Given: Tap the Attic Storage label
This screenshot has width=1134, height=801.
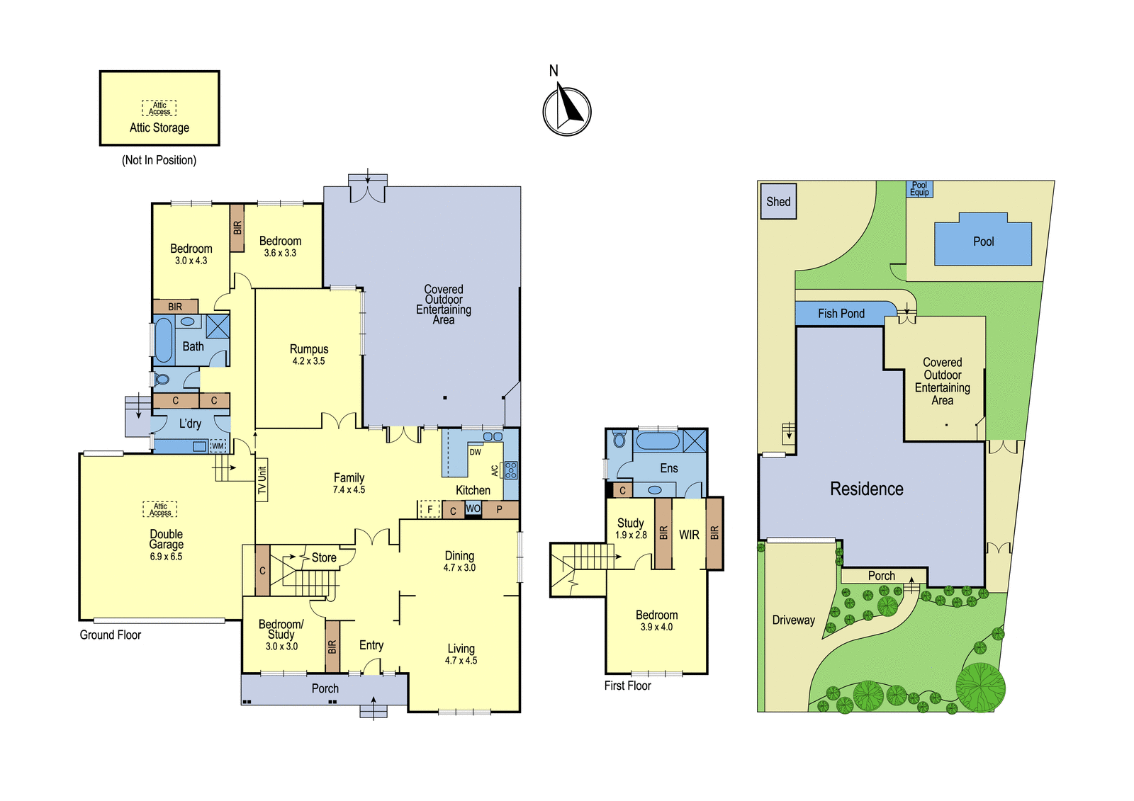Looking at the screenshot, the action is pos(159,127).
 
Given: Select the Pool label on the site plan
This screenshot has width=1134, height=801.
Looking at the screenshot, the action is pos(983,242).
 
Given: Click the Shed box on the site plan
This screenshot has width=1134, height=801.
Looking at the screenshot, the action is pos(779,201).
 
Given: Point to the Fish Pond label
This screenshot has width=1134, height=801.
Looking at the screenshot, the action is pos(841,314).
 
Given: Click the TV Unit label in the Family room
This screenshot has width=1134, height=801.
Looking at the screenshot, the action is pos(262,480).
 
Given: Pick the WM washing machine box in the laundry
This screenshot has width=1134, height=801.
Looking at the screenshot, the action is pos(218,445).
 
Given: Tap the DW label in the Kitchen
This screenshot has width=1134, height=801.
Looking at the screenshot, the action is pos(475,452).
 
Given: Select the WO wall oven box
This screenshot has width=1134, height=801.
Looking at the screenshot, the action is pos(473,509).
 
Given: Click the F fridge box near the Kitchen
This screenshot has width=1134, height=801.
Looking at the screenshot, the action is pos(430,509).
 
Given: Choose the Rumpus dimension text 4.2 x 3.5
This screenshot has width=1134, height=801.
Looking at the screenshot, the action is pos(308,360).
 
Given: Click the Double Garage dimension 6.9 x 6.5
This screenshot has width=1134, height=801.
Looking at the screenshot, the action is pos(166,557).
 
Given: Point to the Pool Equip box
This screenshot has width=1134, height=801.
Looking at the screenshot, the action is pos(919,188).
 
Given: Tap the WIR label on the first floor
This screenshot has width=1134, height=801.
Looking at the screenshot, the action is pos(689,535).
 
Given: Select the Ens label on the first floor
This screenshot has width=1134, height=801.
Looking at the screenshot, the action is pos(669,468).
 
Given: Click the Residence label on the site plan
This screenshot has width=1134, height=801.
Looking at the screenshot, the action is pos(867,489).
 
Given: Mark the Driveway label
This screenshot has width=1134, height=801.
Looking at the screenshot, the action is pos(793,620).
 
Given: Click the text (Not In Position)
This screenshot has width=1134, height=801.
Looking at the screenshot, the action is pos(159,160).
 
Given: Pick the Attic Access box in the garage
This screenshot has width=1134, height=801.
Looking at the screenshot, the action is pos(160,509).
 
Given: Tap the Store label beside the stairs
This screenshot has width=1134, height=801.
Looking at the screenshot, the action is pos(324,557).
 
